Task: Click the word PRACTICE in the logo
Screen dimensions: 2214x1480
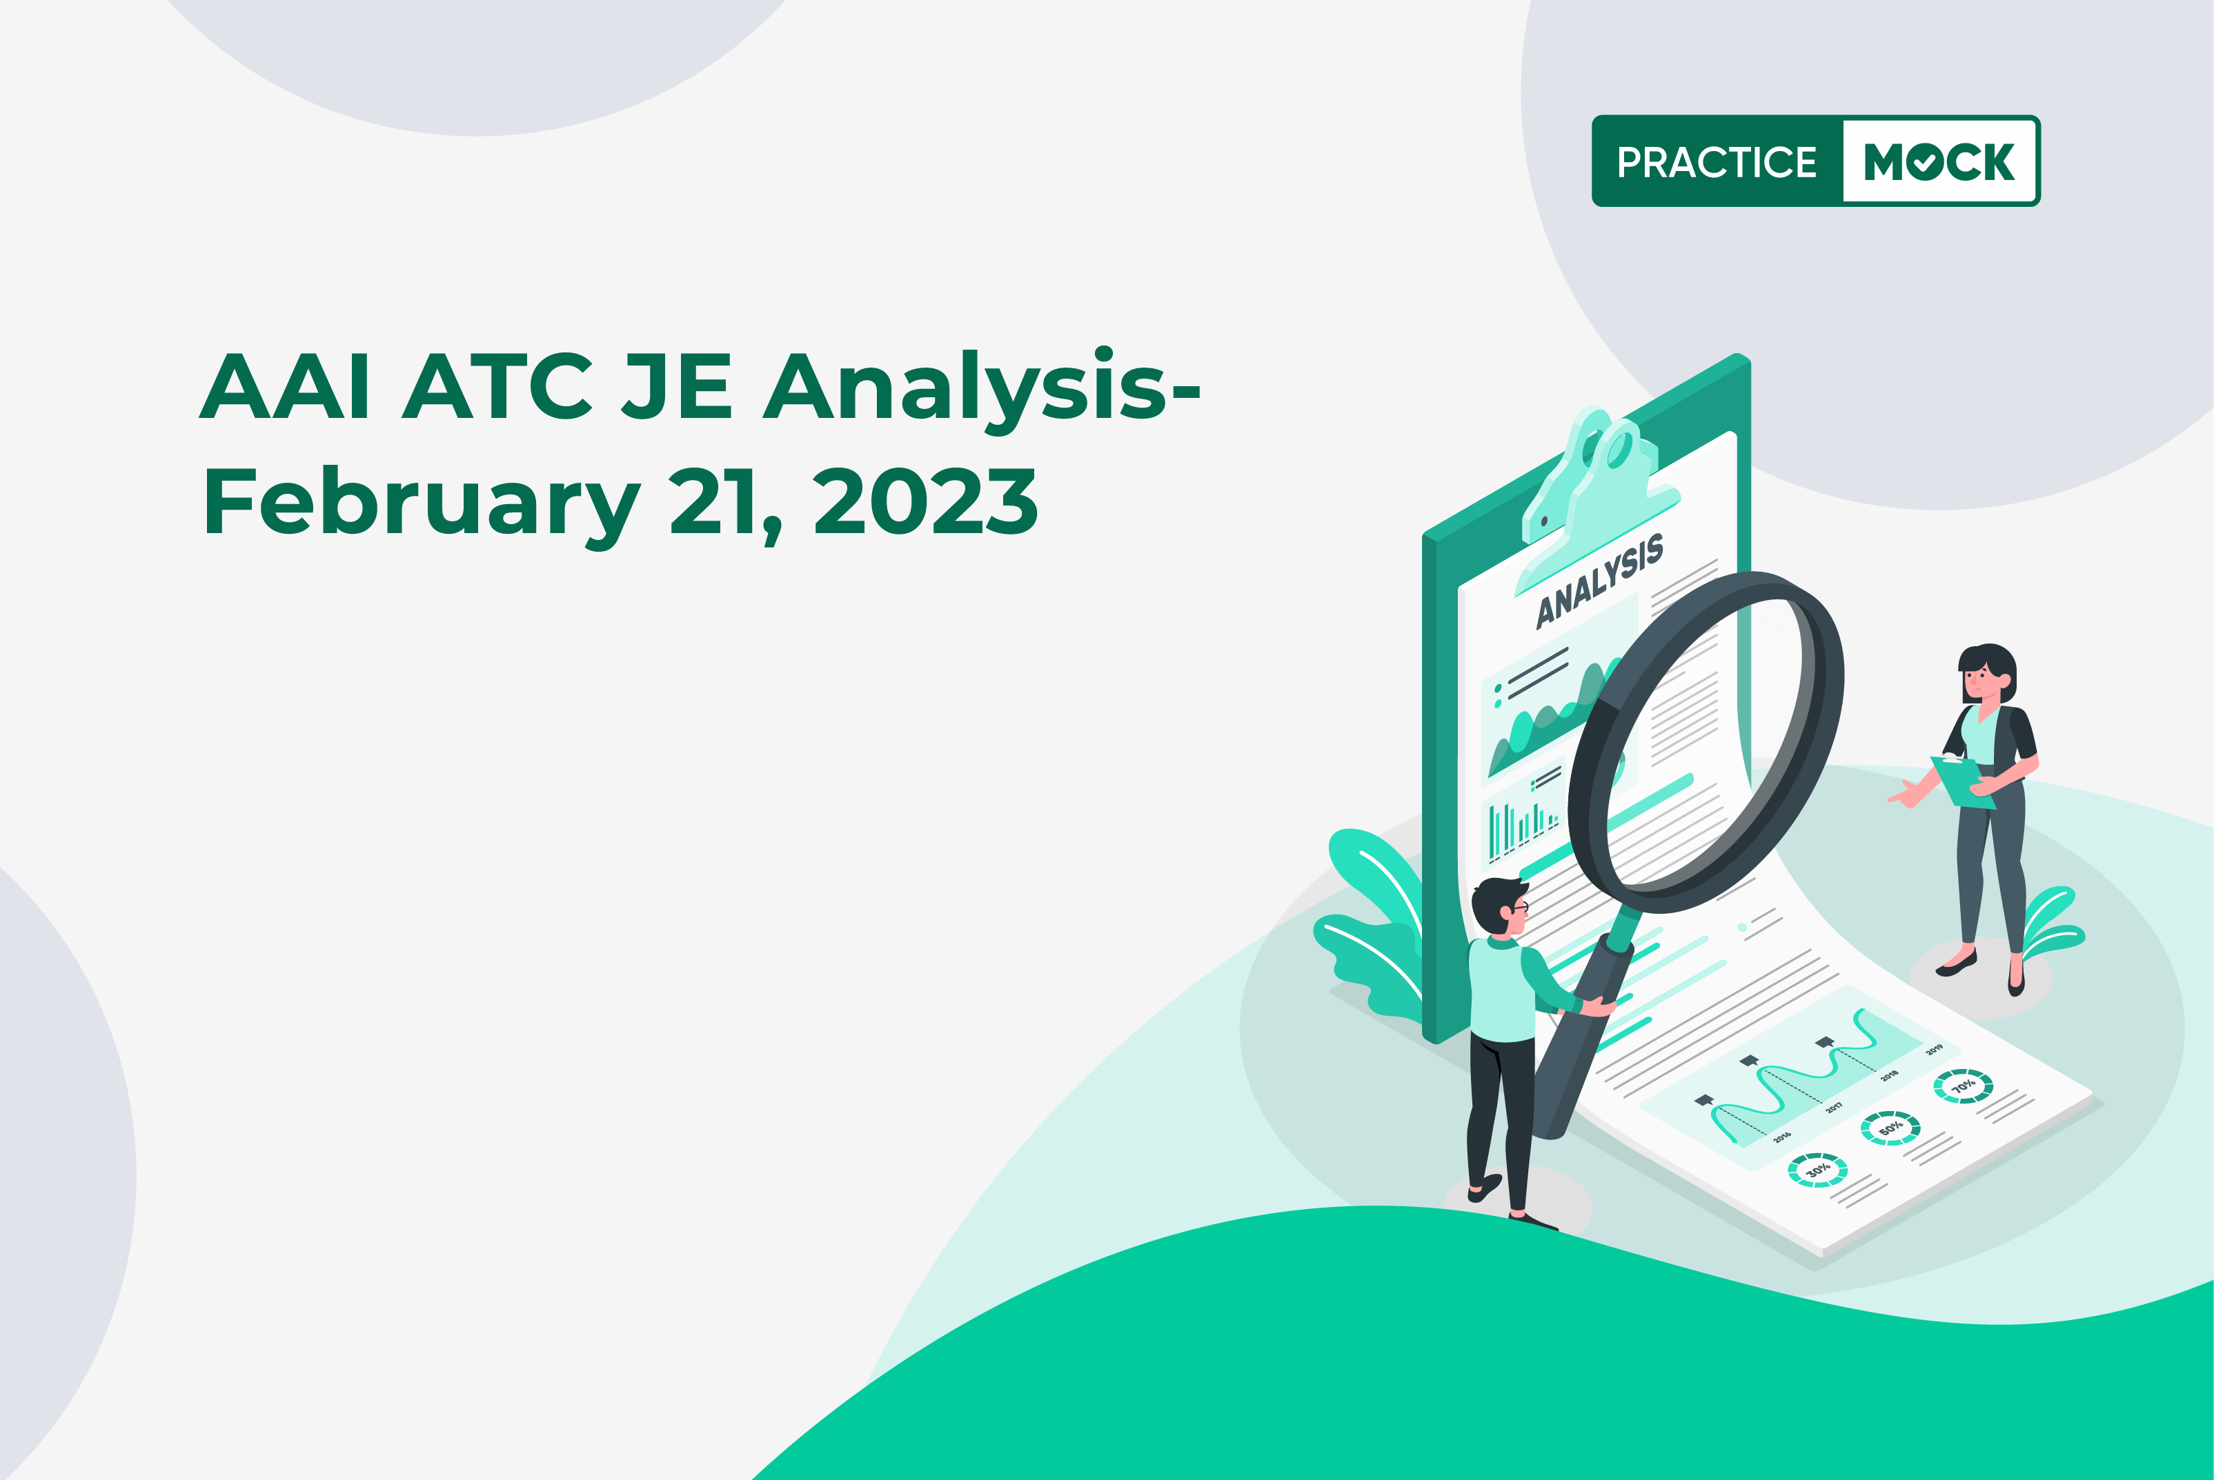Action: (1717, 162)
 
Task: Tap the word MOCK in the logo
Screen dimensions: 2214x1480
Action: (1939, 162)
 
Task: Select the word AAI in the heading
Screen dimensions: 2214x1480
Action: (285, 386)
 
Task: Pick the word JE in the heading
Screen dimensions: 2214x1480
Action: (677, 386)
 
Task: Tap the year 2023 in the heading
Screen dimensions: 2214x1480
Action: (925, 502)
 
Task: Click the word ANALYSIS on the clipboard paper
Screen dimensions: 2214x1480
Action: (1599, 581)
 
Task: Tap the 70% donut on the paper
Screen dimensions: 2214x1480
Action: (1963, 1086)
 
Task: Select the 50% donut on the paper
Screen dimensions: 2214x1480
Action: (1890, 1128)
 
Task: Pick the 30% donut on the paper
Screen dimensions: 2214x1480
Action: (1817, 1170)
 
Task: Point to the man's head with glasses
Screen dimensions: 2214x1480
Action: (1501, 906)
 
